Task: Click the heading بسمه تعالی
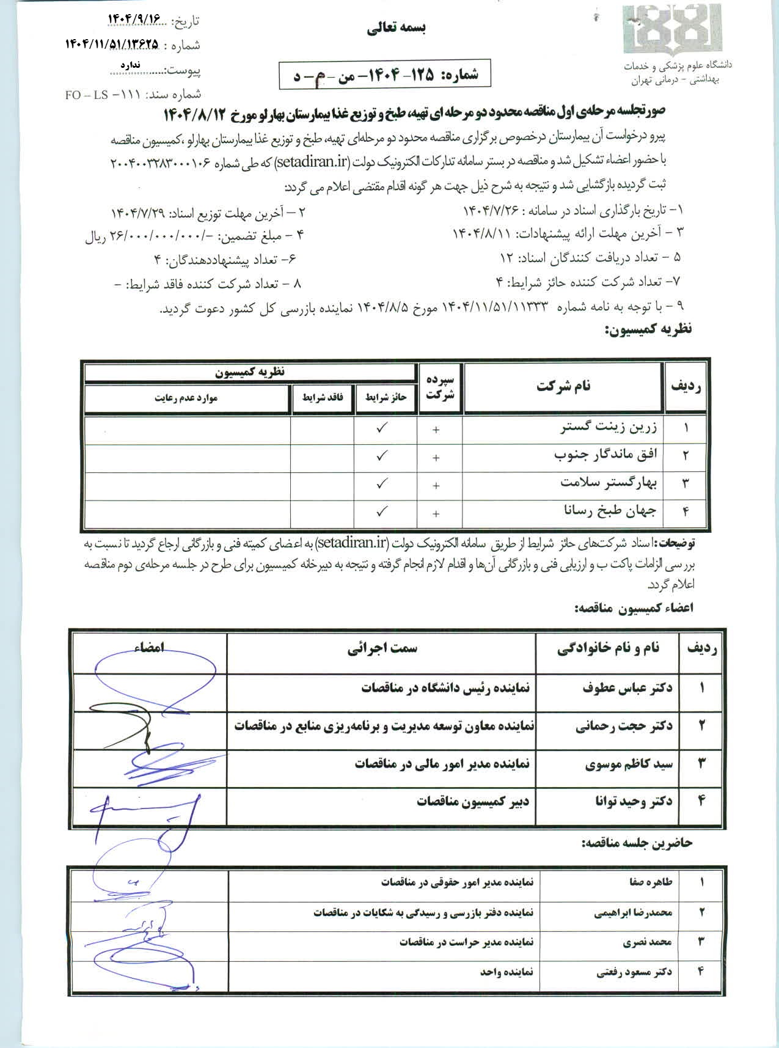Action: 397,28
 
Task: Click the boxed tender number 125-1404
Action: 384,75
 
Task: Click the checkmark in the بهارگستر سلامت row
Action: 382,483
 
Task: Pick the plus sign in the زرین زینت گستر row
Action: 436,430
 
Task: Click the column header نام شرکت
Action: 563,386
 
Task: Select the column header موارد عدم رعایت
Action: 186,398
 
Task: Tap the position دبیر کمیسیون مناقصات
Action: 473,801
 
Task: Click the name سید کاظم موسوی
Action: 629,764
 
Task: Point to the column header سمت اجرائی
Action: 382,649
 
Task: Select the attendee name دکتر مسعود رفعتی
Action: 634,972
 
